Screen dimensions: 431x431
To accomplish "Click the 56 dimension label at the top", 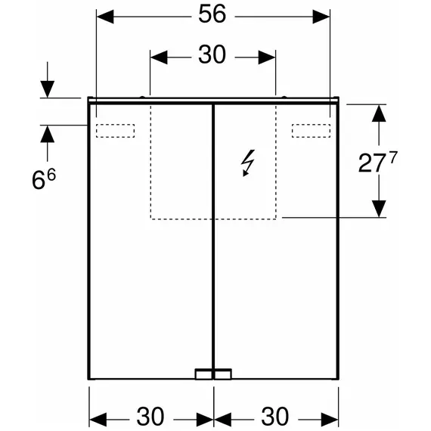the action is point(212,14).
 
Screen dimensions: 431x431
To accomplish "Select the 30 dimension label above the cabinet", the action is point(212,54).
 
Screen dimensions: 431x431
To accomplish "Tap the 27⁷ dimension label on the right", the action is point(377,163).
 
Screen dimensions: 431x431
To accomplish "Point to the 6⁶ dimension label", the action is point(44,179).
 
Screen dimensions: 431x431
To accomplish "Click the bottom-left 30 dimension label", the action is point(150,417).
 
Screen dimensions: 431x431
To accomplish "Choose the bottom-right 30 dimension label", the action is point(275,417).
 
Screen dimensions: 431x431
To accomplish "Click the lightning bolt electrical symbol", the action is point(248,163).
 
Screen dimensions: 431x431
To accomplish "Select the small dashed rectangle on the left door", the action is point(115,131).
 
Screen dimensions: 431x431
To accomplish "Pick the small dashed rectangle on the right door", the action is point(312,131).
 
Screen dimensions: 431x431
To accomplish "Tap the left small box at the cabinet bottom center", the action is point(203,374).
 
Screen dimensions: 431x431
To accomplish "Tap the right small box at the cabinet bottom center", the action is point(223,374).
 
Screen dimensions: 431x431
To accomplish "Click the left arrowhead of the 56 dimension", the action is point(105,17).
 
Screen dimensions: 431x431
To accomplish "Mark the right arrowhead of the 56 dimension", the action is point(321,17).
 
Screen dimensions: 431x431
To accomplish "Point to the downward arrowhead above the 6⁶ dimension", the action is point(48,89).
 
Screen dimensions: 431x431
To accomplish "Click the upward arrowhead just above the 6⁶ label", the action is point(48,134).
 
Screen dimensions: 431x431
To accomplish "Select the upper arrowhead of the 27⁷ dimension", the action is point(379,113).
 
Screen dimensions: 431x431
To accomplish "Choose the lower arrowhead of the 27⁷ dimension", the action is point(379,209).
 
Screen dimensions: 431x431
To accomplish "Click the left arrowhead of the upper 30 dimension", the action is point(159,57).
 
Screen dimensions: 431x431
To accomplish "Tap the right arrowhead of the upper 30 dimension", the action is point(267,57).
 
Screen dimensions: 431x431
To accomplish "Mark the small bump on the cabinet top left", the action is point(142,97).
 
